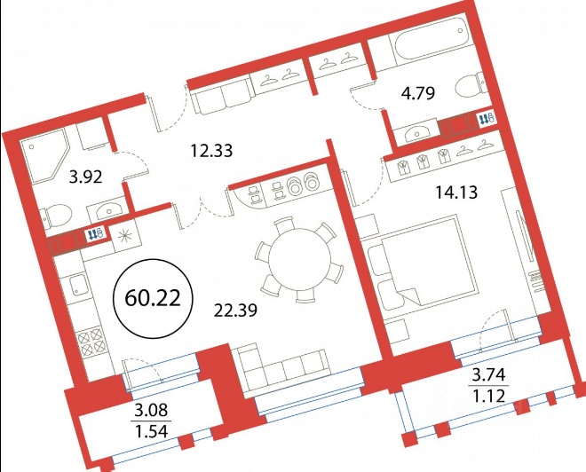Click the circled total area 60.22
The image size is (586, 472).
153,298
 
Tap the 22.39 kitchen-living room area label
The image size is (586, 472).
235,310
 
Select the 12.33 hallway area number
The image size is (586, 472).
211,151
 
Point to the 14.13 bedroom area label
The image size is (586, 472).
456,193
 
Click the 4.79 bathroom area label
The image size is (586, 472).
418,93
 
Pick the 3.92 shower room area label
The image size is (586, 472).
85,177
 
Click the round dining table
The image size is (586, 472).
299,260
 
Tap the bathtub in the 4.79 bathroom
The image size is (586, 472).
430,40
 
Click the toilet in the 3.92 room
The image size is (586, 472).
56,216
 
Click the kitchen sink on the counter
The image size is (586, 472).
79,286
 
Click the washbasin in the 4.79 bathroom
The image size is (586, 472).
416,133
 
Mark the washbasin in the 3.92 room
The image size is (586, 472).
108,210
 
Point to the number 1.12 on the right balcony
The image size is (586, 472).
489,396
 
